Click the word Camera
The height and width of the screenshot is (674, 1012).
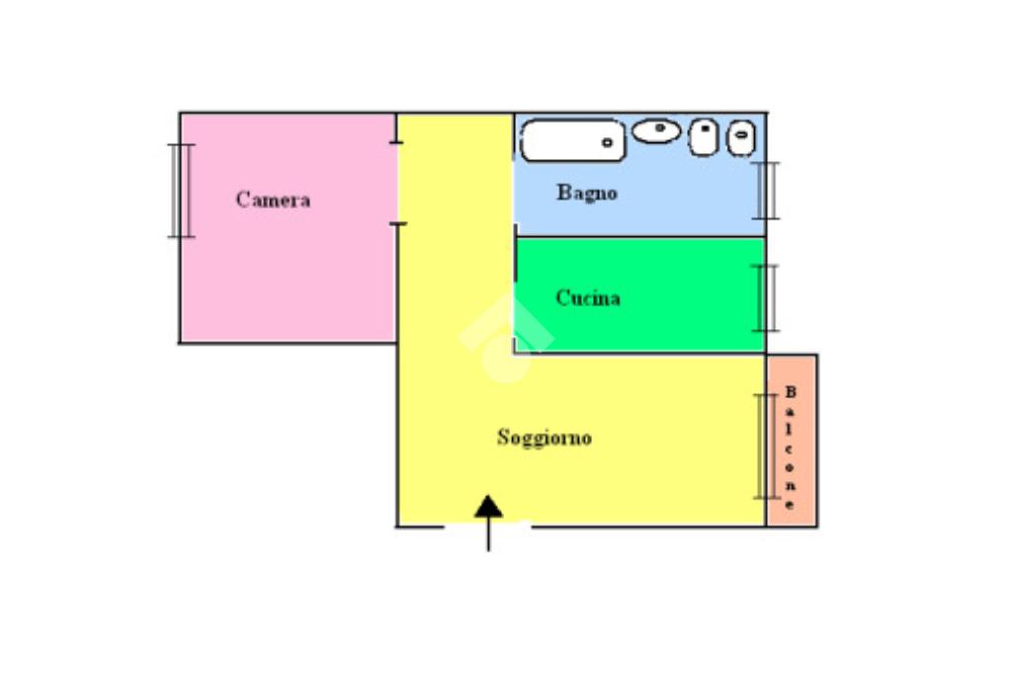pyautogui.click(x=273, y=200)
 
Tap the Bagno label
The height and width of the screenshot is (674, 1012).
pyautogui.click(x=587, y=193)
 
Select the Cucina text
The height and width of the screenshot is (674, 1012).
pyautogui.click(x=588, y=297)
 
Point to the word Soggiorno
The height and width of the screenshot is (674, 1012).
pyautogui.click(x=545, y=437)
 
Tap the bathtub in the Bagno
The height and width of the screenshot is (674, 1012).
pyautogui.click(x=572, y=140)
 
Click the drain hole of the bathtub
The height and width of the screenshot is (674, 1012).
pyautogui.click(x=608, y=143)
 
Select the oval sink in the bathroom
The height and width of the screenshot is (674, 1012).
pyautogui.click(x=656, y=129)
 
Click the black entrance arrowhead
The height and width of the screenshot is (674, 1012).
pyautogui.click(x=488, y=507)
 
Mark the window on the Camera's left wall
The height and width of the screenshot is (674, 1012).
pyautogui.click(x=180, y=191)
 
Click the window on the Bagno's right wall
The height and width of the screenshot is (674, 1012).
pyautogui.click(x=767, y=190)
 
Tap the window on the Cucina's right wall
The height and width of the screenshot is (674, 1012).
pyautogui.click(x=766, y=297)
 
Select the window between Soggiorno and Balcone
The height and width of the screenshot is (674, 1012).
pyautogui.click(x=766, y=446)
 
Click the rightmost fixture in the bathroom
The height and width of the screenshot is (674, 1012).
pyautogui.click(x=741, y=137)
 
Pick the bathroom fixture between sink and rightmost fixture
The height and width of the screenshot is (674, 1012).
pyautogui.click(x=704, y=136)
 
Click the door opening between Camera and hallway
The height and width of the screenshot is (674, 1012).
pyautogui.click(x=397, y=184)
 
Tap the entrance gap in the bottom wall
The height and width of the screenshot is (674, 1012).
pyautogui.click(x=488, y=526)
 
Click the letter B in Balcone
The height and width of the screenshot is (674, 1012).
pyautogui.click(x=791, y=391)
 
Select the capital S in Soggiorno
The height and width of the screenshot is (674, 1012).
pyautogui.click(x=503, y=437)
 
